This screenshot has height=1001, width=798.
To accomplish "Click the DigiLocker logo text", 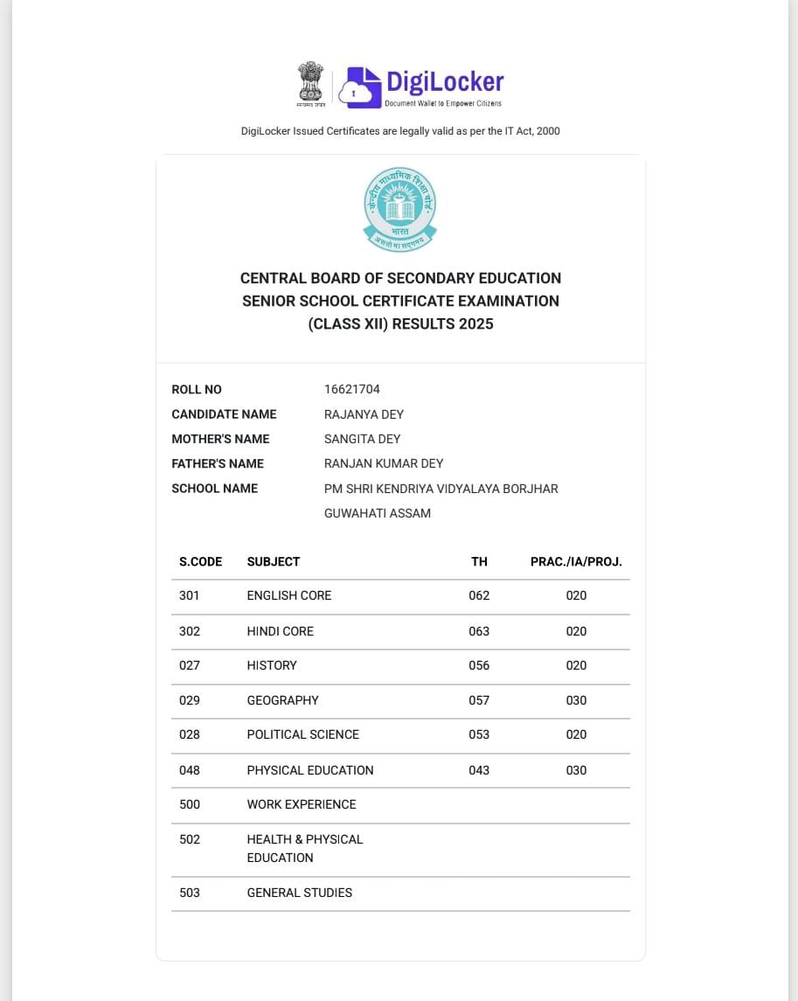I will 444,82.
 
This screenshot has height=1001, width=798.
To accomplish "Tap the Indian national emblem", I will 310,84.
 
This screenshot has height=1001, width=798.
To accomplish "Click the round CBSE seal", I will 400,208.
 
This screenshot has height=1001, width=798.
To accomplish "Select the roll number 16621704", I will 351,389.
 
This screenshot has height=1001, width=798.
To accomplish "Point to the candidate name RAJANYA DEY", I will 364,414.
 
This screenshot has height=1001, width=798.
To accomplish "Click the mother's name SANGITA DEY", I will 362,439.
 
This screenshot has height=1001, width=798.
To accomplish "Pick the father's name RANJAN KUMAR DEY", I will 384,463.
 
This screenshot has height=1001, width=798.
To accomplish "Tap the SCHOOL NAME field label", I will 214,489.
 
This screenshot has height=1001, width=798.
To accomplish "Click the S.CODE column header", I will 200,561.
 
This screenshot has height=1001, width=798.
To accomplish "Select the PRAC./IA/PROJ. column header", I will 576,561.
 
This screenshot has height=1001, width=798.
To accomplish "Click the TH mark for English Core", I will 479,595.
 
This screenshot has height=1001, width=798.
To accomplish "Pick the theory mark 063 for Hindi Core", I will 479,631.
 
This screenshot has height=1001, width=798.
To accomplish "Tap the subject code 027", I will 189,665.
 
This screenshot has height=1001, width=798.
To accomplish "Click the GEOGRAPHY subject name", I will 282,700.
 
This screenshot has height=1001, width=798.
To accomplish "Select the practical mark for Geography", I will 576,700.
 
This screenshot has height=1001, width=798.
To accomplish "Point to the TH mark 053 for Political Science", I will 479,734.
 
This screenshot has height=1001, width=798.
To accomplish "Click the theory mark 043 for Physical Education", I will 479,770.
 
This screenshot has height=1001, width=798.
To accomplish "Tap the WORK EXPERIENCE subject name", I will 302,804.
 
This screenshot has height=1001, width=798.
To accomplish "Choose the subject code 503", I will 189,893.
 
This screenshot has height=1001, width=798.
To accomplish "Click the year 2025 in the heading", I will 476,324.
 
